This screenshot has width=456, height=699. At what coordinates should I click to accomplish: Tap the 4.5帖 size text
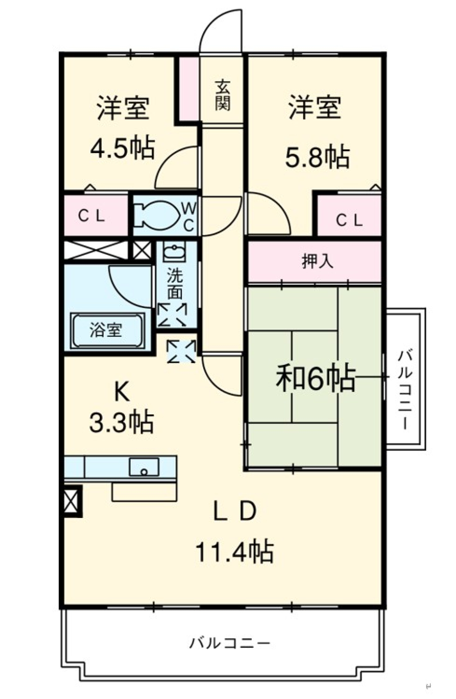point(123,148)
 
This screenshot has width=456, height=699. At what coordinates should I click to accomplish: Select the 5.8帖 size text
point(317,156)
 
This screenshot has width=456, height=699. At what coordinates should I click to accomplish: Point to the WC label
point(189,216)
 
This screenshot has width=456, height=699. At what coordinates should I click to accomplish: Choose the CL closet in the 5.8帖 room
point(350,220)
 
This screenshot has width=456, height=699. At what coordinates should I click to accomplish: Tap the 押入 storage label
point(317,261)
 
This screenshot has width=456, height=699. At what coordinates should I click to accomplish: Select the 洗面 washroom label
point(175,284)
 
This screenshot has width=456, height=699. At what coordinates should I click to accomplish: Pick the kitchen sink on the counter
point(144,467)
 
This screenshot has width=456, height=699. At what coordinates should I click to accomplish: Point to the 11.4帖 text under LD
point(234,552)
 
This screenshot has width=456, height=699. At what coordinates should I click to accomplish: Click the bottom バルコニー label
point(229,643)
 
